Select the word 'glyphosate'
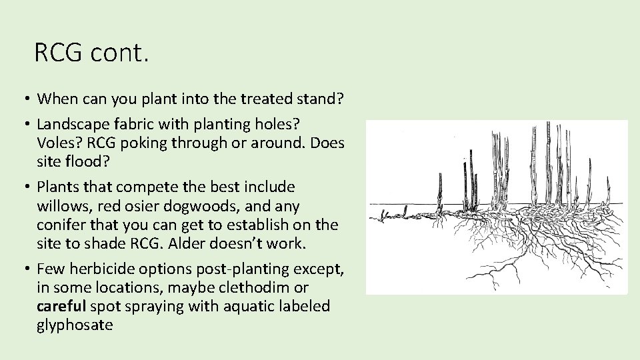pyautogui.click(x=75, y=325)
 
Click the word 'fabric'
pyautogui.click(x=134, y=124)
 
